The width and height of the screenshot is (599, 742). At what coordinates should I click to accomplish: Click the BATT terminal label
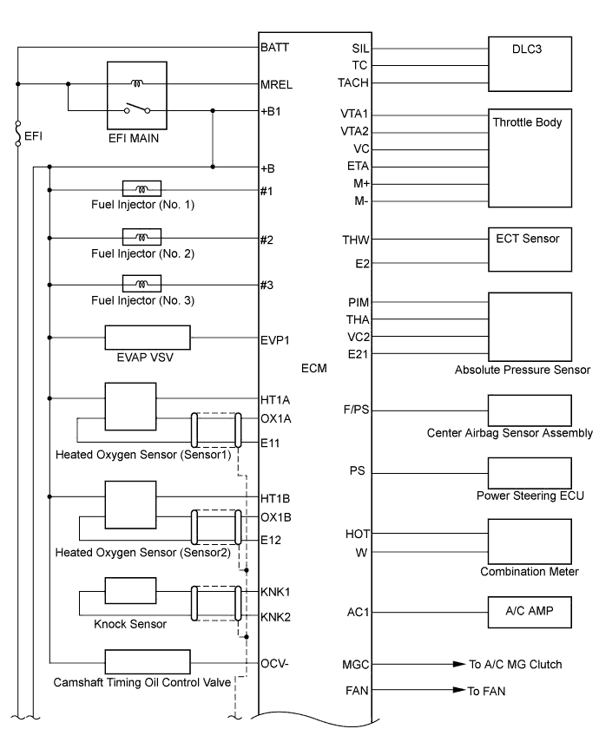[274, 49]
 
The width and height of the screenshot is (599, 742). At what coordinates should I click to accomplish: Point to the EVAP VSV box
[147, 338]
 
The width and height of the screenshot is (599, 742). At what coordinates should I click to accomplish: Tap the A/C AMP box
[530, 611]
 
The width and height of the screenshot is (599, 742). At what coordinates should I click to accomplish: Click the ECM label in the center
[313, 368]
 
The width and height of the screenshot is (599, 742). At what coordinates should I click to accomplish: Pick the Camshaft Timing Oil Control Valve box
[147, 661]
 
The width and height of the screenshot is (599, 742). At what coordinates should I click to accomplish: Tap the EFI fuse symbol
[17, 136]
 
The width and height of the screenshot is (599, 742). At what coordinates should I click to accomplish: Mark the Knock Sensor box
[129, 590]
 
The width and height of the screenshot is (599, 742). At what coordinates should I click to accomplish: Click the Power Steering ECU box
[530, 473]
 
